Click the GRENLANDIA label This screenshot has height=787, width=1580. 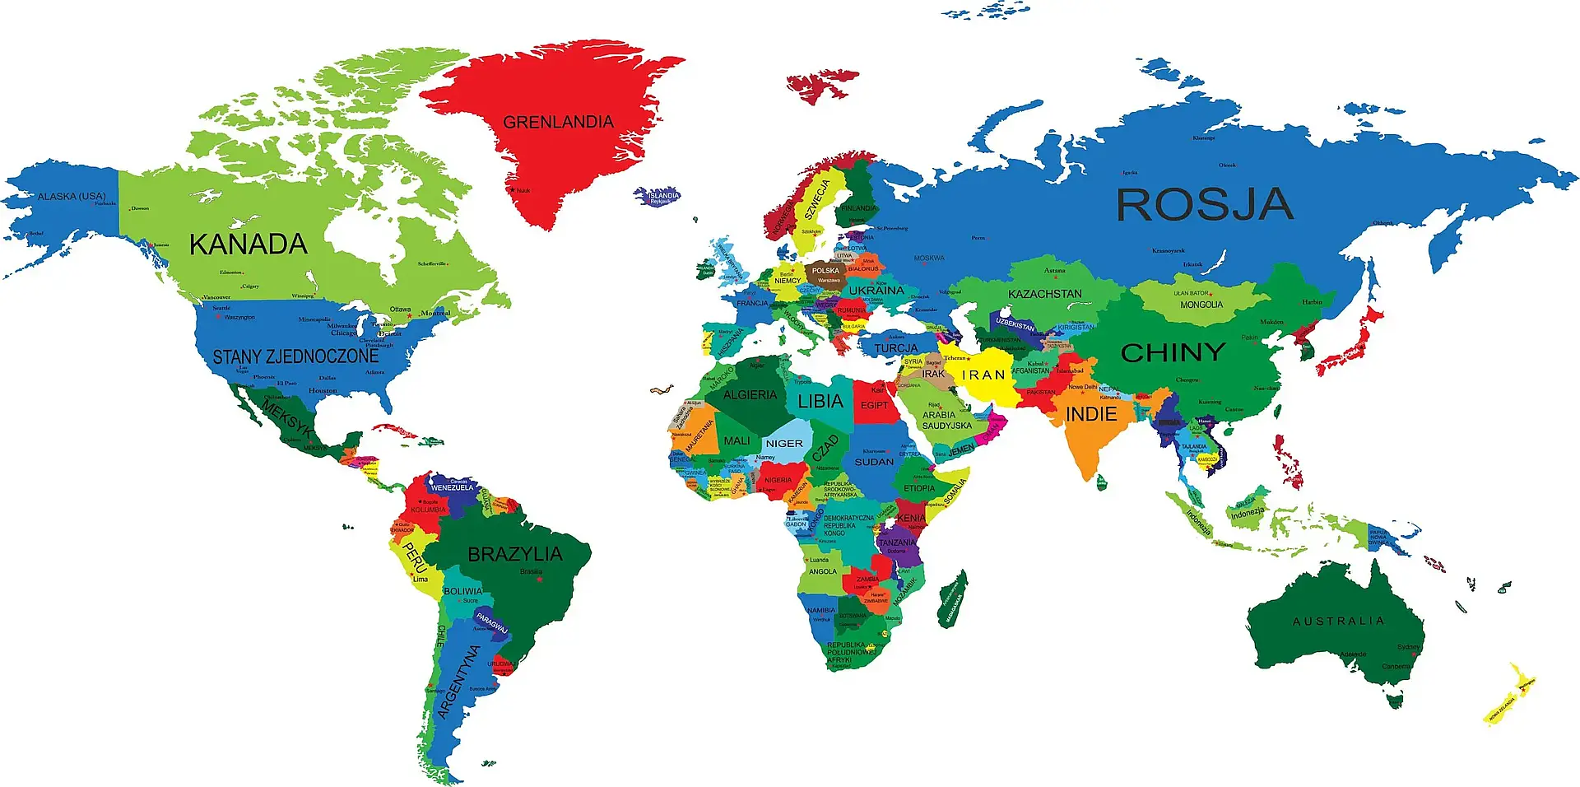coord(558,123)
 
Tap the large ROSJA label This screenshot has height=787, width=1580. coord(1204,204)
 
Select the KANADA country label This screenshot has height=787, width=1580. coord(248,244)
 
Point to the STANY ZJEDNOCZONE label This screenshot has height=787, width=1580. coord(295,356)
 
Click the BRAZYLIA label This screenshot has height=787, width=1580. coord(515,554)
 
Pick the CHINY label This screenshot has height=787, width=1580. coord(1173,352)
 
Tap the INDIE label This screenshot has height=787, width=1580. coord(1091,414)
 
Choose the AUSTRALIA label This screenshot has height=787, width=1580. coord(1338,622)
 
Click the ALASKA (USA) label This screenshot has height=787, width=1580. coord(72,197)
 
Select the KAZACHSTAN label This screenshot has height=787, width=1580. coord(1045,294)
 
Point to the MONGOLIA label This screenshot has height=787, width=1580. coord(1201,305)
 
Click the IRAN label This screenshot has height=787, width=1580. coord(983,375)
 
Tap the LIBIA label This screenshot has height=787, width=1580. coord(820,402)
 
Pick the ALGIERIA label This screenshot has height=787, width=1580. coord(750,395)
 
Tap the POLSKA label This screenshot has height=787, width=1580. coord(825,270)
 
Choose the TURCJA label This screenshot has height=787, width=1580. coord(896,348)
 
